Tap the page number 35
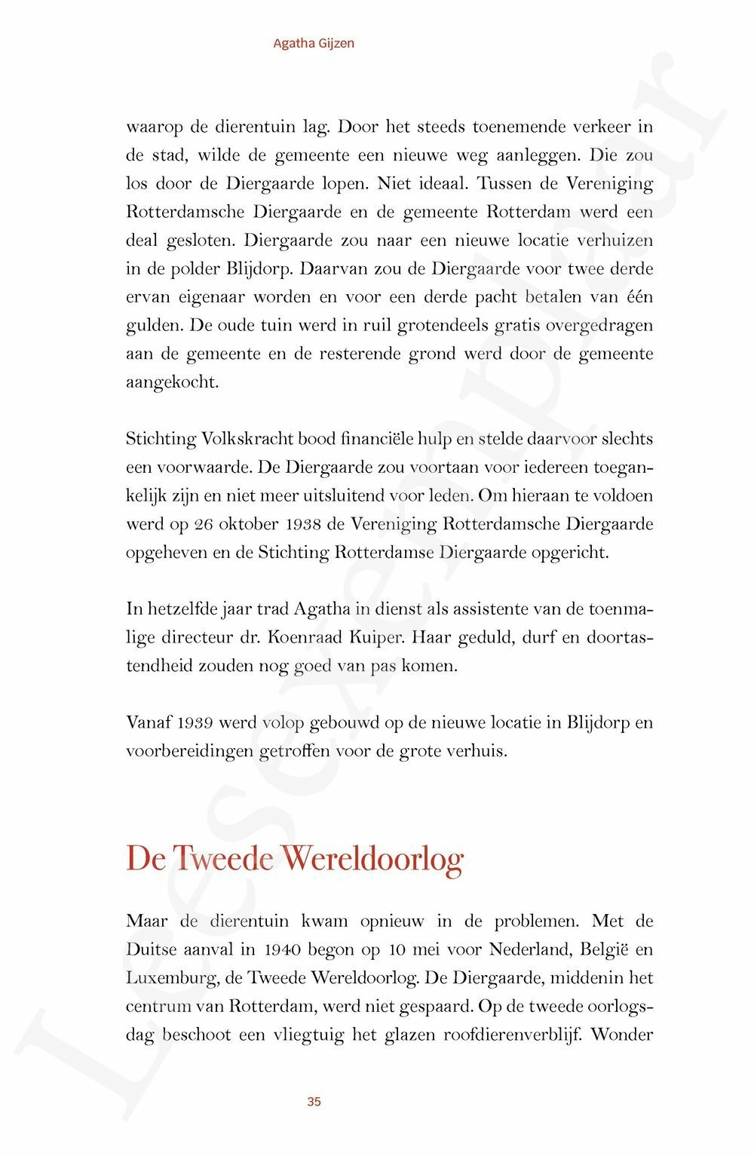314,1102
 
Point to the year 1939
195,723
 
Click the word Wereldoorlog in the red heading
372,859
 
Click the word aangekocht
173,382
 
